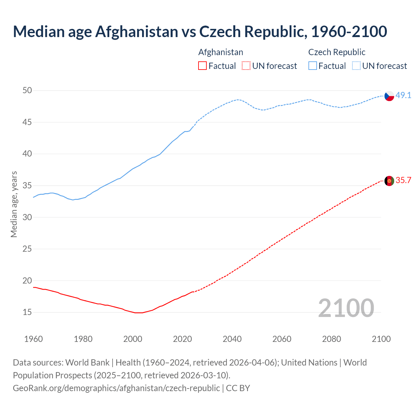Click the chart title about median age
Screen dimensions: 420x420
coord(200,31)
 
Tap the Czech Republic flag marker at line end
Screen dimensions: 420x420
coord(389,96)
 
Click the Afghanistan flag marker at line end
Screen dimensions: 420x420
coord(389,181)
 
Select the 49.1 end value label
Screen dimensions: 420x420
coord(403,95)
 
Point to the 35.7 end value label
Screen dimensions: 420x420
coord(403,180)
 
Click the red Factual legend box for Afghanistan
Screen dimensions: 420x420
coord(202,66)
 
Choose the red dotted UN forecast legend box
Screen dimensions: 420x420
coord(246,66)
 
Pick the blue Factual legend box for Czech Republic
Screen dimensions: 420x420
coord(312,66)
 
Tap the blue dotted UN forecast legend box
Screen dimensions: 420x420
coord(356,66)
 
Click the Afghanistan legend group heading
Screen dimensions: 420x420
coord(220,52)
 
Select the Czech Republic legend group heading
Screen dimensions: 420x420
coord(337,52)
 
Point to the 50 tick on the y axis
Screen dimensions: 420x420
coord(27,90)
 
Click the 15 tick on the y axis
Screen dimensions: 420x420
coord(27,312)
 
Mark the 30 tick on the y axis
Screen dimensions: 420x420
coord(27,217)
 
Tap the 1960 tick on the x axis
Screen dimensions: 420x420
coord(33,339)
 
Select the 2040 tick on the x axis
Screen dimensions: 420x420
coord(232,339)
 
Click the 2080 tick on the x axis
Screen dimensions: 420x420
coord(331,339)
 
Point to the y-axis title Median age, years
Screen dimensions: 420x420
coord(14,204)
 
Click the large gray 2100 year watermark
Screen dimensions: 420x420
coord(346,308)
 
